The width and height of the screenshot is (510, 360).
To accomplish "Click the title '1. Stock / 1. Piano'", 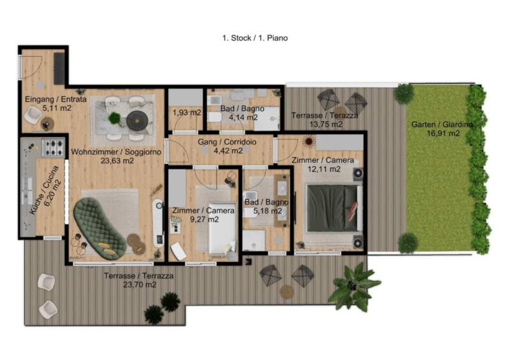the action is click(x=255, y=38).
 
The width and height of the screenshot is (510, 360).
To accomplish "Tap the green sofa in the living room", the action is click(x=99, y=228).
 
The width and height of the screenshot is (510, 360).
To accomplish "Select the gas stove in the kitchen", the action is click(x=54, y=148).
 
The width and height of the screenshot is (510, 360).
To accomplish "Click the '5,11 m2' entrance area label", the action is click(x=57, y=108).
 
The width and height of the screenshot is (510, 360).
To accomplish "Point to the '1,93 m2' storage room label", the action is click(x=187, y=113).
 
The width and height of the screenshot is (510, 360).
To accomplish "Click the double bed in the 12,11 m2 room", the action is click(x=334, y=208).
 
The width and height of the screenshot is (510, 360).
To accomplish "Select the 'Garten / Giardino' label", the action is click(x=442, y=124).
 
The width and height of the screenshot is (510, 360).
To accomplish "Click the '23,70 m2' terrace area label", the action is click(x=140, y=285).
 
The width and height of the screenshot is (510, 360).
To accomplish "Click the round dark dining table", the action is click(x=137, y=120).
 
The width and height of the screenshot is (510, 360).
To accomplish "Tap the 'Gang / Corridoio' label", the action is click(x=227, y=142).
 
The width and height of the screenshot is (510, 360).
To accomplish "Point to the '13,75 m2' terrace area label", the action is click(x=326, y=124).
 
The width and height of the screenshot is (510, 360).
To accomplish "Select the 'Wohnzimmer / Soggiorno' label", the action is click(x=116, y=152).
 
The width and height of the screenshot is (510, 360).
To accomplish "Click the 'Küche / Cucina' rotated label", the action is click(x=44, y=190).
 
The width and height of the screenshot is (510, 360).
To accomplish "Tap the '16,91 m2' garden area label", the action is click(x=443, y=133).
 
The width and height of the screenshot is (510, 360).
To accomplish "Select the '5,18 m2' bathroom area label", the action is click(x=267, y=211).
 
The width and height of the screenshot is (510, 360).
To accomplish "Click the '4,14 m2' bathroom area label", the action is click(x=244, y=117).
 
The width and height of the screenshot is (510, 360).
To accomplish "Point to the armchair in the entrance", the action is click(x=33, y=115).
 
